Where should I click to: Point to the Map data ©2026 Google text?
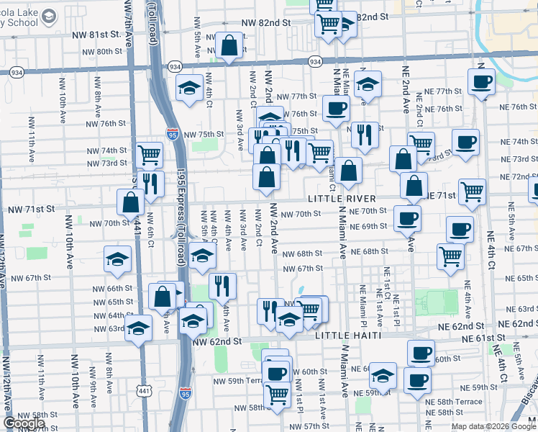[494, 426]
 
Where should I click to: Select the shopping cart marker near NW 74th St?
[149, 153]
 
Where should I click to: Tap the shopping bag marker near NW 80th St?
[229, 46]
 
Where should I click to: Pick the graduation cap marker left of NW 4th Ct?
[189, 88]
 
